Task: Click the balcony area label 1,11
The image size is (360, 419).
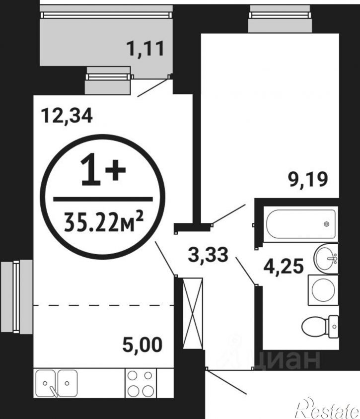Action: (x=146, y=49)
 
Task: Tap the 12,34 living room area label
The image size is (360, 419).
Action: (x=67, y=116)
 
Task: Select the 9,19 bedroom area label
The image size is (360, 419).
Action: (x=308, y=180)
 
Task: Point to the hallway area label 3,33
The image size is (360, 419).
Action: (x=208, y=255)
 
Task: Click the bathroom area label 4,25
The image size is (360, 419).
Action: (x=284, y=266)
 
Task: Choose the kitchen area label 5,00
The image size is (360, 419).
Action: (x=143, y=345)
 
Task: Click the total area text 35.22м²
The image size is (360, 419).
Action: (x=103, y=222)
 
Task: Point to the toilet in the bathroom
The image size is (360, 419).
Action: (x=320, y=326)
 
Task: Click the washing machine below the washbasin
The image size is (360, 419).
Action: (x=323, y=290)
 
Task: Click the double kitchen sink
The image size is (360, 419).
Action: (x=57, y=383)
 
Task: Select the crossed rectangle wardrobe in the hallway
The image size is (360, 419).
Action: (x=193, y=313)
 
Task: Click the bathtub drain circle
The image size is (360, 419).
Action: (x=326, y=224)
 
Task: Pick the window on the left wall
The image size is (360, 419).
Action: (x=16, y=296)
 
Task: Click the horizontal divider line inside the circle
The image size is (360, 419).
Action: (x=103, y=199)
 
